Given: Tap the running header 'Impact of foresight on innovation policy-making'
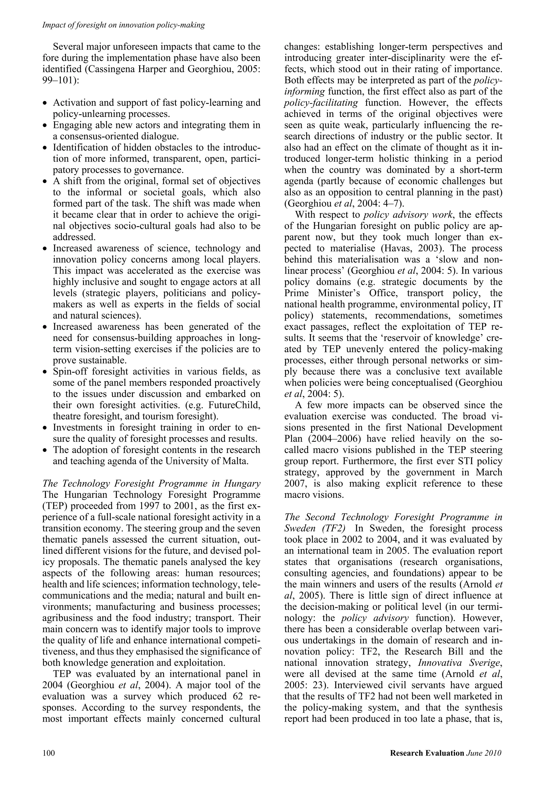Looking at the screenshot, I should [124, 25].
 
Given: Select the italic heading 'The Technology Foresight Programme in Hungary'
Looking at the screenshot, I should [151, 484].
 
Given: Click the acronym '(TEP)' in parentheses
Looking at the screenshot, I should [54, 506].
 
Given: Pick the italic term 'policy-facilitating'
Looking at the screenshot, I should [321, 103].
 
